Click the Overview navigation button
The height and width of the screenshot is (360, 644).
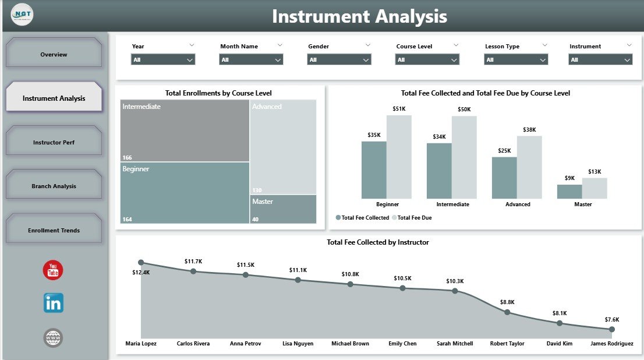tap(54, 54)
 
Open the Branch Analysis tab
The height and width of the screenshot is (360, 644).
tap(54, 186)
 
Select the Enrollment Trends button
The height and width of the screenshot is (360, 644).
tap(54, 230)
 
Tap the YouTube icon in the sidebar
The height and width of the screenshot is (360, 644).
tap(53, 270)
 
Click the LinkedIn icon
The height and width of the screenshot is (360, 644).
tap(54, 303)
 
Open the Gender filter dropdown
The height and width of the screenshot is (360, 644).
tap(339, 59)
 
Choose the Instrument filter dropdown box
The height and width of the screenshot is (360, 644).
tap(601, 59)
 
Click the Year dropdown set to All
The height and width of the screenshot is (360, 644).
tap(163, 59)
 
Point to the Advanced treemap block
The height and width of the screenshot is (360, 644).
tap(283, 146)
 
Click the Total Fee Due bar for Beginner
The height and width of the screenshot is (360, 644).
tap(399, 157)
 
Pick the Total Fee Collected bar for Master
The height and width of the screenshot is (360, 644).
tap(569, 192)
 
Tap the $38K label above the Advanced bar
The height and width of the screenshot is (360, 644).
tap(529, 130)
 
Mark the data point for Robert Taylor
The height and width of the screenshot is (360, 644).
tap(507, 312)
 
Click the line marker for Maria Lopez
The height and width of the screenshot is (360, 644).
tap(141, 263)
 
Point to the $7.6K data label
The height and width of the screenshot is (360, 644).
tap(611, 319)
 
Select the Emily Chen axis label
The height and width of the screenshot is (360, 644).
tap(402, 344)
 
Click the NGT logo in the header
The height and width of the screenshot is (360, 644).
tap(22, 15)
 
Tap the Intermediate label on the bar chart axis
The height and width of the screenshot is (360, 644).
tap(452, 204)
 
